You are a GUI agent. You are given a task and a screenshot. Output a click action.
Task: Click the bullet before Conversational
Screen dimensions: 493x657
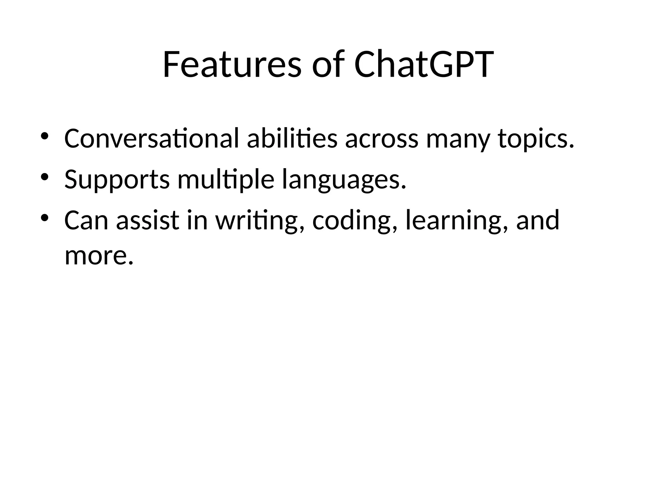(x=44, y=136)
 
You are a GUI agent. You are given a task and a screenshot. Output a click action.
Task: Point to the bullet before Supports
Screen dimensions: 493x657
(x=44, y=177)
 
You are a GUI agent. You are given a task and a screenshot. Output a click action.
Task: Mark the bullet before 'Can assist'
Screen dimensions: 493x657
(x=44, y=218)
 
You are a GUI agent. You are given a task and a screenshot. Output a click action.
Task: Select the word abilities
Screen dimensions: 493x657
(x=292, y=139)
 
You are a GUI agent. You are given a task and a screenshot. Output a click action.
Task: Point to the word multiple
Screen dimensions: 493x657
(x=226, y=180)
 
